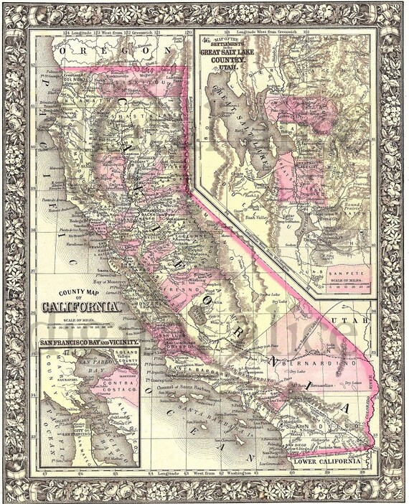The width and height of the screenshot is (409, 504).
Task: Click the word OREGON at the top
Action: (x=119, y=52)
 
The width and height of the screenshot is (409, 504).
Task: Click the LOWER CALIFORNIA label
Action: (x=326, y=462)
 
